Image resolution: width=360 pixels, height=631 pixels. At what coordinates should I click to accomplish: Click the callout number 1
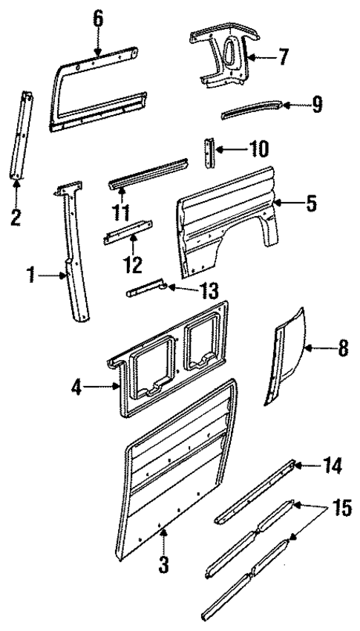click(32, 277)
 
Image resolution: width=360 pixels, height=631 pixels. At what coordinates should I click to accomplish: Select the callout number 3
click(163, 563)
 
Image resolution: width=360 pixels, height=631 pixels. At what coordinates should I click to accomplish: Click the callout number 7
click(284, 58)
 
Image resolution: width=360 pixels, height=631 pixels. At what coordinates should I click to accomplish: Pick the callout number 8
click(343, 348)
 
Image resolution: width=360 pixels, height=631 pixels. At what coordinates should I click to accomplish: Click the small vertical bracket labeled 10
click(210, 155)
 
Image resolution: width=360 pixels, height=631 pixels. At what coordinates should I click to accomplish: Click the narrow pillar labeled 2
click(22, 134)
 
